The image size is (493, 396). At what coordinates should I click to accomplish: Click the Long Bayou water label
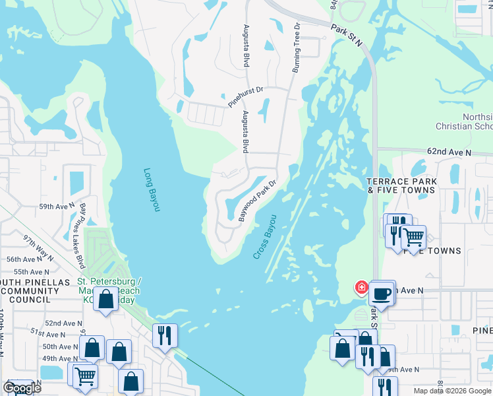coord(152,190)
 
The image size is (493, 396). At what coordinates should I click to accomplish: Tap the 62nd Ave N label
coord(449,151)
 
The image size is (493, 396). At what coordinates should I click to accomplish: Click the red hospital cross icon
coord(361,287)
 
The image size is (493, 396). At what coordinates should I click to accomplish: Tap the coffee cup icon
coord(382,292)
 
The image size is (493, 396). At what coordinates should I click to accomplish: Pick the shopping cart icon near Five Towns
coord(413,236)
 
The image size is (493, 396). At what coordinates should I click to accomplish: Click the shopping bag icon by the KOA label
coord(105,299)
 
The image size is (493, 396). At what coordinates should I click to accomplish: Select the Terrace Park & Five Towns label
coord(401,185)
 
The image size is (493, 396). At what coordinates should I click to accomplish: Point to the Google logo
coord(22,389)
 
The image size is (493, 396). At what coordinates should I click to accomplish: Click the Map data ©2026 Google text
coord(452,391)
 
